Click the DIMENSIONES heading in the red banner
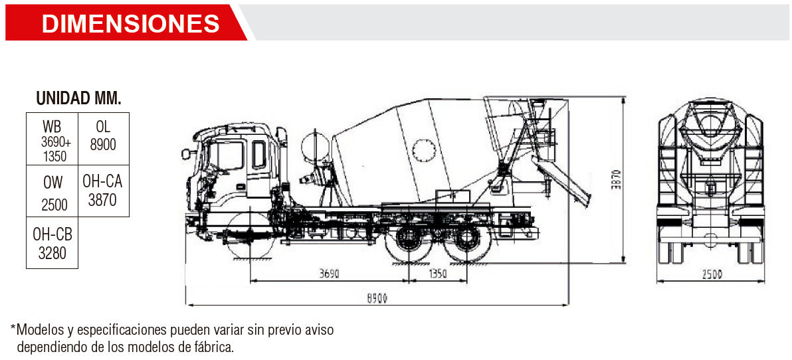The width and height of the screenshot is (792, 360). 130,23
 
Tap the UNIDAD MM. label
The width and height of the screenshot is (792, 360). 79,98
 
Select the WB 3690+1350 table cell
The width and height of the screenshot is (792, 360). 52,138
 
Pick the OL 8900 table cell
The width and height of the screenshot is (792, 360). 104,138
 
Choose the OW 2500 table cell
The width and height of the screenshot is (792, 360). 52,191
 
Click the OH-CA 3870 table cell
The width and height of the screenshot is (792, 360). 104,191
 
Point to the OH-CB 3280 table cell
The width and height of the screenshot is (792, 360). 52,243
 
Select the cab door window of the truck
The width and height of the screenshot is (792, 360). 259,155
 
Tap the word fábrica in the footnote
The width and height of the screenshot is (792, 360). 217,347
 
